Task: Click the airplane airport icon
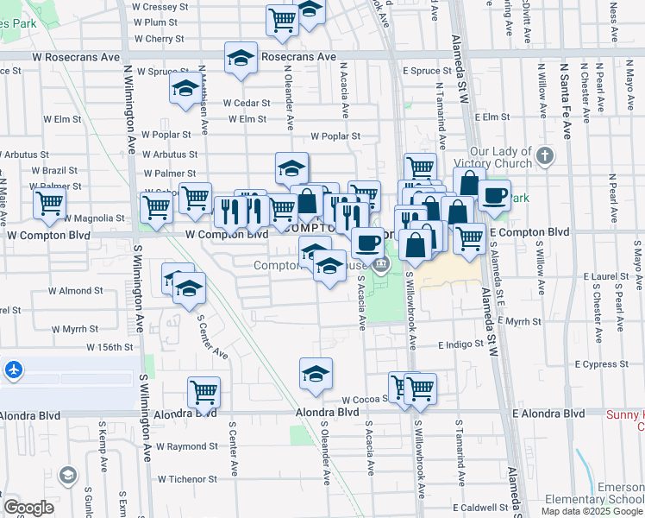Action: coord(13,370)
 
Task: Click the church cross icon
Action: coord(543,157)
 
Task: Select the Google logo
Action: coord(28,508)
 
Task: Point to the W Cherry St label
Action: coord(159,39)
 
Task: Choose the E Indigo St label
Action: coord(462,344)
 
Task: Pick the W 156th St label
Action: coord(110,347)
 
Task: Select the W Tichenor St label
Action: coord(185,478)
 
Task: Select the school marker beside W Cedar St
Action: coord(185,90)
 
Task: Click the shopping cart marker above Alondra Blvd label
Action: coord(204,392)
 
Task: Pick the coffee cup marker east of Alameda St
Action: coord(494,195)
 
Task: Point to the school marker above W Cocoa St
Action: coord(316,374)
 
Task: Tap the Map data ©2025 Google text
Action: coord(591,511)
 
